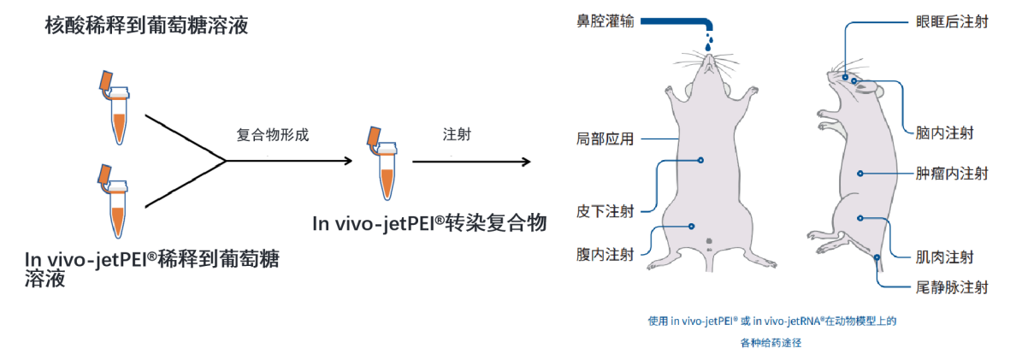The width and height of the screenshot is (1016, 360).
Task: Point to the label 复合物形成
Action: coord(273,135)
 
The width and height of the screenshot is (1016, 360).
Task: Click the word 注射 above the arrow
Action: coord(456,135)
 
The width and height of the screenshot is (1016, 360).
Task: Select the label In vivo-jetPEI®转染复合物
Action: coord(428,224)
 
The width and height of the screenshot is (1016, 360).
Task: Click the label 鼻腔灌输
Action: coord(605,21)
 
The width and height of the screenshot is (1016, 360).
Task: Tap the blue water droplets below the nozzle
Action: coord(709,43)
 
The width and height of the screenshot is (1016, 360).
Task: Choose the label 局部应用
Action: coord(605,139)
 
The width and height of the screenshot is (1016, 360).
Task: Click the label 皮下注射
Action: coord(605,210)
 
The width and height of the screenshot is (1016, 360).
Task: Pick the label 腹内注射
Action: coord(605,255)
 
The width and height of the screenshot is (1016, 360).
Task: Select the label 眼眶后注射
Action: coord(951,21)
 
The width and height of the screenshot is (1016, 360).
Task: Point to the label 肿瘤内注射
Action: coord(951,174)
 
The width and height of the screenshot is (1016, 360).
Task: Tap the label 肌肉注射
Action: coord(944,257)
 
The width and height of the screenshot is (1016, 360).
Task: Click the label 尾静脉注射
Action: coord(951,287)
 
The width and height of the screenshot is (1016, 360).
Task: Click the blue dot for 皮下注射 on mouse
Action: coord(700,159)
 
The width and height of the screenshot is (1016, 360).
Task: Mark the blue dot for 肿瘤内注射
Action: coord(860,174)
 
